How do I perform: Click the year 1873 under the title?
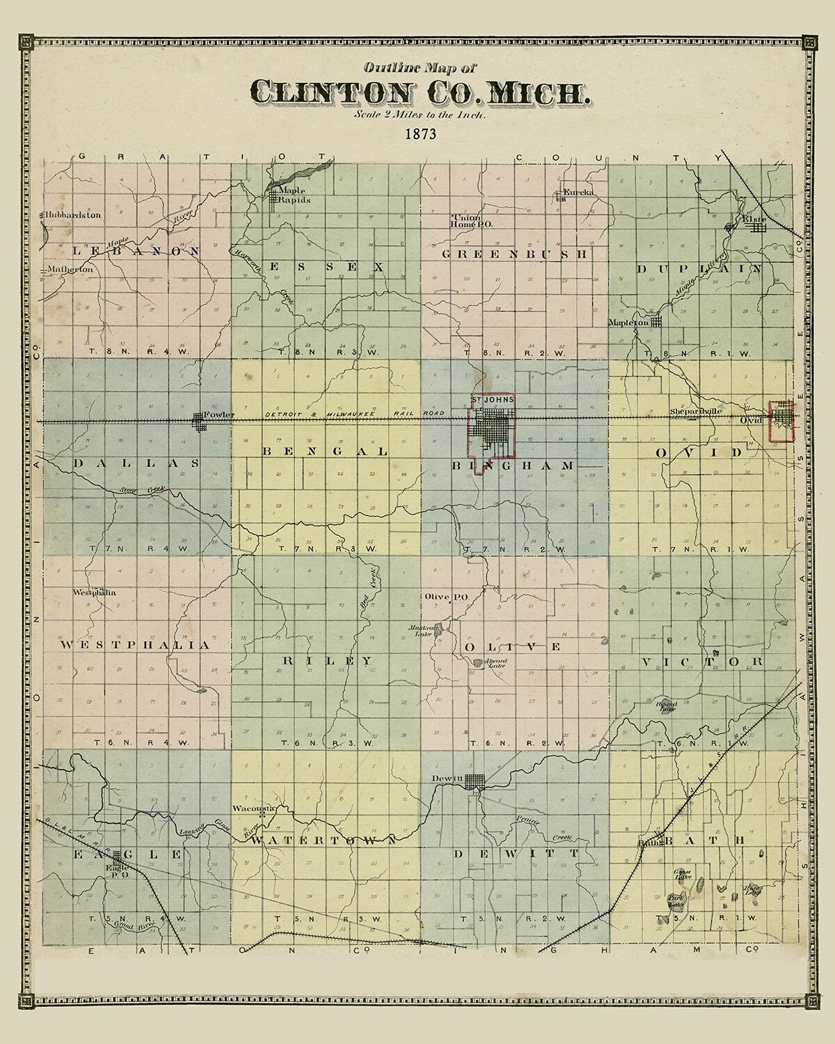click(419, 134)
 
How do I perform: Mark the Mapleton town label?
click(628, 322)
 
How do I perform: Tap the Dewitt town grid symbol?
click(475, 780)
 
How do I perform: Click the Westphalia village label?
click(94, 593)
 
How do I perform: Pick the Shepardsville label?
click(697, 411)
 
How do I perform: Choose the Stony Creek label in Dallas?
click(136, 491)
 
